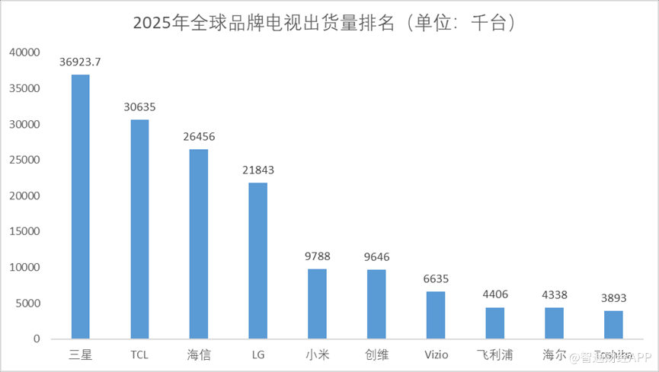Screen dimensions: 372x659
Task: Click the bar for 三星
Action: [x=80, y=206]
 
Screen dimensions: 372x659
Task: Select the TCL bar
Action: [x=139, y=229]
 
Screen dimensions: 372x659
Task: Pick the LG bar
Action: [x=258, y=260]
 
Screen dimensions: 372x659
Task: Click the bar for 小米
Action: [x=317, y=304]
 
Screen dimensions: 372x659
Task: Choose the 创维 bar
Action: [x=376, y=304]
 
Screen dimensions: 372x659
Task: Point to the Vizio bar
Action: [x=436, y=315]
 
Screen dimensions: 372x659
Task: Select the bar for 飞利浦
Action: [x=495, y=323]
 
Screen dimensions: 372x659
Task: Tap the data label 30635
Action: [x=139, y=107]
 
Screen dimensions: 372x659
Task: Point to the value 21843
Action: [x=258, y=170]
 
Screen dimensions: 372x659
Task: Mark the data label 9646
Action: [x=376, y=257]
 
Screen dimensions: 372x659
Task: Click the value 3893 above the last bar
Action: [x=613, y=297]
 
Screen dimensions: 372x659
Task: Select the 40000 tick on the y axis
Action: [x=24, y=53]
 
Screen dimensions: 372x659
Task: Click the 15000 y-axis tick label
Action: [x=24, y=232]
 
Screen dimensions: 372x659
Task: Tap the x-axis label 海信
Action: [x=199, y=355]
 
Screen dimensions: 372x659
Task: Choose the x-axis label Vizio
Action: [x=436, y=355]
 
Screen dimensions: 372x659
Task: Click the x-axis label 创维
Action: [x=376, y=355]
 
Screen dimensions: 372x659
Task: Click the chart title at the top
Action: [x=328, y=23]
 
